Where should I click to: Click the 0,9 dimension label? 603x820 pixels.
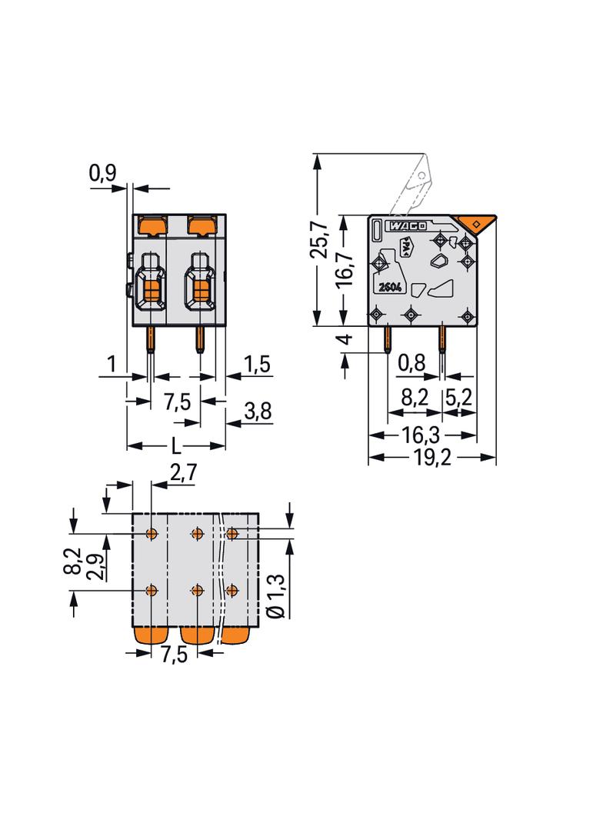click(x=102, y=175)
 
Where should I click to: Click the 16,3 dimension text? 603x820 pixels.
click(x=421, y=435)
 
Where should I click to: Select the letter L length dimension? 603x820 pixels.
click(x=176, y=446)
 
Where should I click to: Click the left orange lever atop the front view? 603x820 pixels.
click(x=152, y=226)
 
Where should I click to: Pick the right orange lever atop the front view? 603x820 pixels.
click(x=202, y=226)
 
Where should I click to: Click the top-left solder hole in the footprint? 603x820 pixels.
click(x=152, y=532)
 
